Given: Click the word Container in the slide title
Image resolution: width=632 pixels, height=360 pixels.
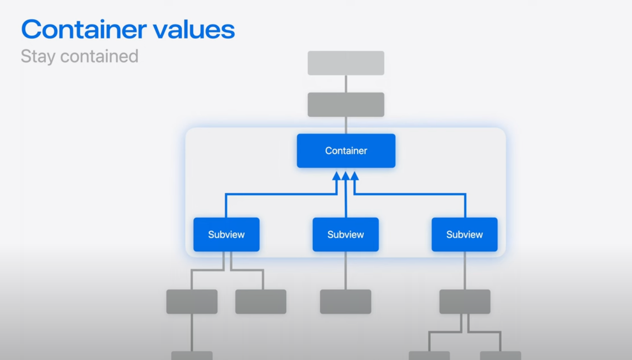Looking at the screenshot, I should [83, 30].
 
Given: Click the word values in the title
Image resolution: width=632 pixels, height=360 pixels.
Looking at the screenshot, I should [194, 30].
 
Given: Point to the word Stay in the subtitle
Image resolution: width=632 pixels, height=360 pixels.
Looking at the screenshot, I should [38, 57].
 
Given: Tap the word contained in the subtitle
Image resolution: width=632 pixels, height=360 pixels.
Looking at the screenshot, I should [99, 57].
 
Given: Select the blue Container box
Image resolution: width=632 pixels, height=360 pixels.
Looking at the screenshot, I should [346, 150].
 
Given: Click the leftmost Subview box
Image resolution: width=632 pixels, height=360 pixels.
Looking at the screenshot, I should [226, 234].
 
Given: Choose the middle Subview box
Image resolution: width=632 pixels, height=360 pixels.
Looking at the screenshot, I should [345, 234].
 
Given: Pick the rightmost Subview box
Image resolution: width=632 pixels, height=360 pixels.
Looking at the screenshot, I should [464, 234].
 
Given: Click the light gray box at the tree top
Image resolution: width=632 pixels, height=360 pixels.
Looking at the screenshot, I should [346, 63].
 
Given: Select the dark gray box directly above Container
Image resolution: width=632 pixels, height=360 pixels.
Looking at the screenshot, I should [346, 104].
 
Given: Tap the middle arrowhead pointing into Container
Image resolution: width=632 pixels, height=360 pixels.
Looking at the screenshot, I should [346, 175].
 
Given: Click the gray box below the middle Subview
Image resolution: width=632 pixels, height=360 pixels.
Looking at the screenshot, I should [345, 301].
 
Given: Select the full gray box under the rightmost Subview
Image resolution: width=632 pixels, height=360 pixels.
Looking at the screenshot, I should [465, 301].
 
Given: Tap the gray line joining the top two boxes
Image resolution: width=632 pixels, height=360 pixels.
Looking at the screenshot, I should [346, 84].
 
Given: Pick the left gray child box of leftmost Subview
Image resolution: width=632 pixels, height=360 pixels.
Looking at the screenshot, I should [192, 301].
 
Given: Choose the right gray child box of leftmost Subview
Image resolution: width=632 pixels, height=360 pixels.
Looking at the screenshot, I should [260, 301].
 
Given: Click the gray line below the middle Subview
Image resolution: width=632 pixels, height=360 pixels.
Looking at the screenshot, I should [345, 270].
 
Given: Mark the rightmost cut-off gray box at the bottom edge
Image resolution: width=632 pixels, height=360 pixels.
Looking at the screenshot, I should [500, 355].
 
